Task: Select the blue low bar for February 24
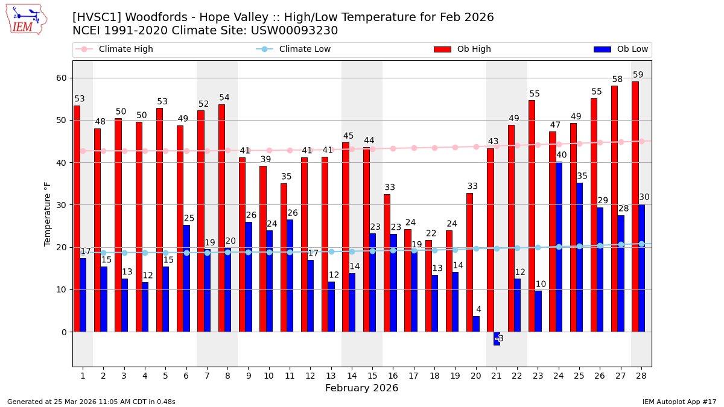click(x=559, y=247)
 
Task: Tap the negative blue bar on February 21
click(x=497, y=338)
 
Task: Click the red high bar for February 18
click(x=428, y=286)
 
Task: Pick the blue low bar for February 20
click(x=476, y=324)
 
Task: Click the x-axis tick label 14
click(x=352, y=376)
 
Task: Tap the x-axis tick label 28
click(x=641, y=376)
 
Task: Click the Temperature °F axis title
click(x=48, y=213)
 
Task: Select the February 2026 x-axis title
click(x=361, y=388)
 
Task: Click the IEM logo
click(x=26, y=19)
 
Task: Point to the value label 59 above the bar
click(x=638, y=75)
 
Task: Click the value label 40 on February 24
click(x=561, y=156)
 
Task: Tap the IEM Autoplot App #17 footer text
click(x=679, y=402)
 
